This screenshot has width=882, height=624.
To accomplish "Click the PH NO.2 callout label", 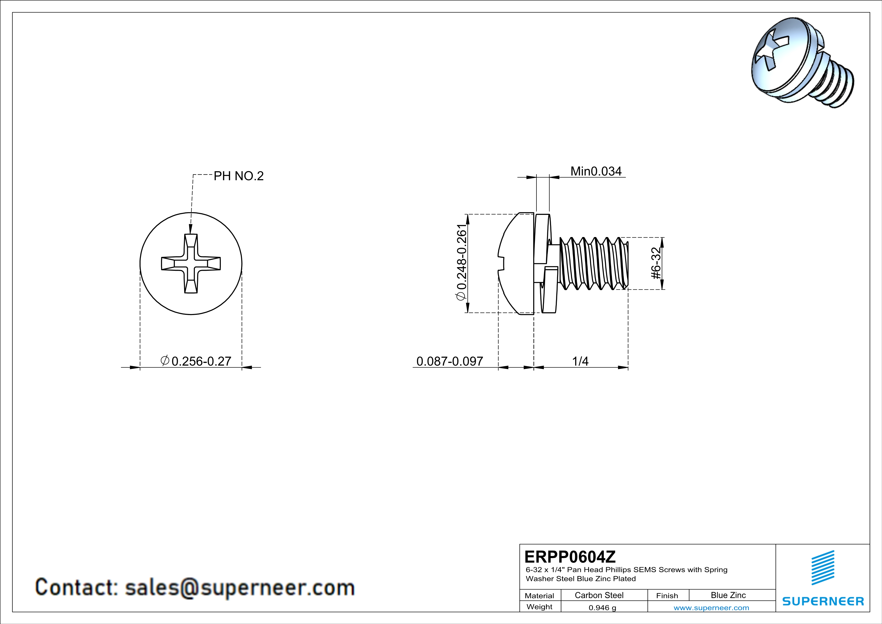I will tap(239, 176).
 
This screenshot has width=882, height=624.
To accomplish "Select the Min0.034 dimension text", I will tap(596, 171).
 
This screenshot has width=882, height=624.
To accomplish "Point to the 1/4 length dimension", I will tap(580, 361).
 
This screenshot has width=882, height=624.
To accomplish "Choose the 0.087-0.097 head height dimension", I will tap(449, 361).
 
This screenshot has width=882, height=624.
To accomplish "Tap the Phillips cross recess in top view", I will tap(191, 264).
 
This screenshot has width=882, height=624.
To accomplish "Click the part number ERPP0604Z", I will tap(570, 556).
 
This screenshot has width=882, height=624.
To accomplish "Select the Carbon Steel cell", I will tap(599, 595).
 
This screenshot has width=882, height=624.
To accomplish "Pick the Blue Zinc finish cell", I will tap(728, 595).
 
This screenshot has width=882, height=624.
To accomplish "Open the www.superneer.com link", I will tap(711, 607).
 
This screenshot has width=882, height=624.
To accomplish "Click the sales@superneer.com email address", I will tap(240, 588).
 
